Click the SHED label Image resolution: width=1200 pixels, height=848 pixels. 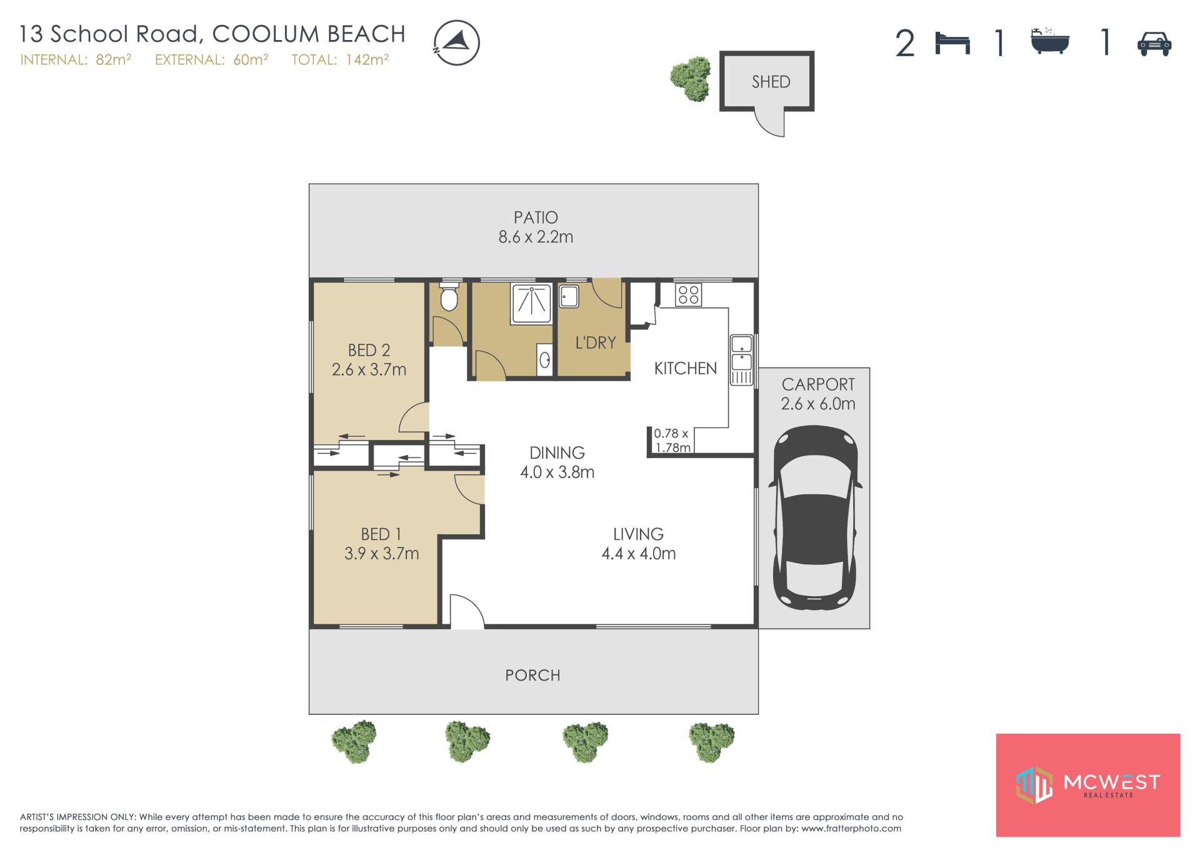(771, 82)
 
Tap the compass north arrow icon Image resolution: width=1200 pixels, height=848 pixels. (456, 43)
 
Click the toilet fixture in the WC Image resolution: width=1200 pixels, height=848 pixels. (449, 297)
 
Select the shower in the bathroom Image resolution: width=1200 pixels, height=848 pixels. (531, 304)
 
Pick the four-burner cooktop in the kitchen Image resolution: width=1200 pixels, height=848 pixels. (688, 294)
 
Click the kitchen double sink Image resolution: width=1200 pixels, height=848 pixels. (742, 360)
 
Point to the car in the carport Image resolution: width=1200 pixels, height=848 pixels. (814, 517)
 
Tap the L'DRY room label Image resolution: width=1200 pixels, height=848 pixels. (595, 342)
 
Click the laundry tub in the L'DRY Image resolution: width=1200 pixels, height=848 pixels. (569, 296)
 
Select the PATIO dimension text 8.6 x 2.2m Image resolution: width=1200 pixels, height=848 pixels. (536, 237)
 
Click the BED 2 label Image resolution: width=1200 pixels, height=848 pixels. (369, 350)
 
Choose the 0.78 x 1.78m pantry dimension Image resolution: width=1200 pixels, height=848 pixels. (672, 440)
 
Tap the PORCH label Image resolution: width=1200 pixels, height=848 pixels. (532, 675)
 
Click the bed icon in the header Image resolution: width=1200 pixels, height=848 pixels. (952, 44)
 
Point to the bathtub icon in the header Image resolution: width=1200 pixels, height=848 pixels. (1050, 41)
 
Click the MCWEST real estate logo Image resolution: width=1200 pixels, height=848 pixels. (1087, 785)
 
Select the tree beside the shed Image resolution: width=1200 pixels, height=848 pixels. (691, 79)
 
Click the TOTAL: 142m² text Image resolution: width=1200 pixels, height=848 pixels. (340, 59)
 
